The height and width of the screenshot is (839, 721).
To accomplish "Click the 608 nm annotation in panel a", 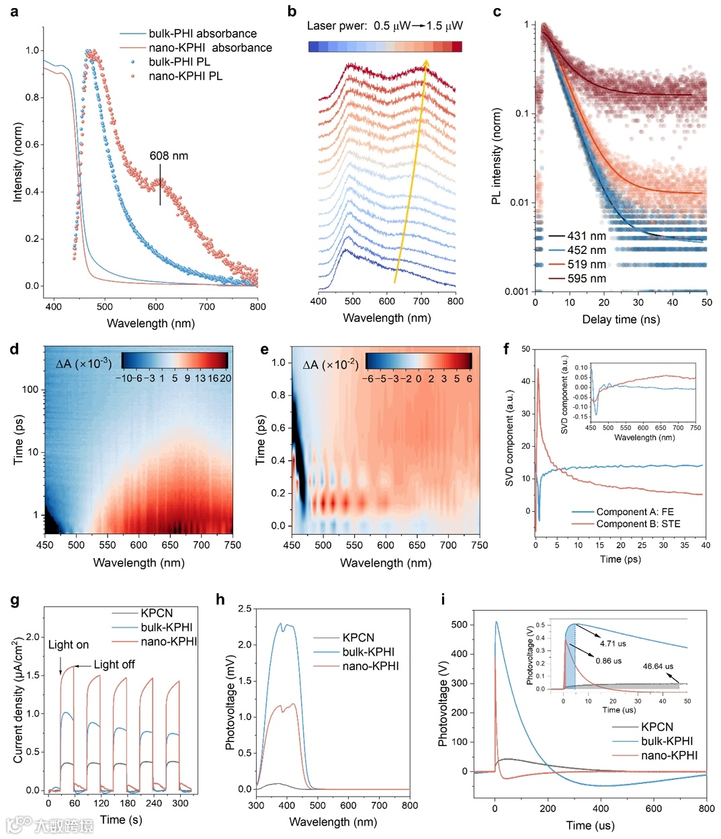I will (169, 156).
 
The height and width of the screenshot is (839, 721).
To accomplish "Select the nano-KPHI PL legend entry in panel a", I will (185, 76).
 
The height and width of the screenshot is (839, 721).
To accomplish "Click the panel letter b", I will (292, 11).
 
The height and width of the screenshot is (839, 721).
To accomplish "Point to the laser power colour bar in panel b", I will (385, 46).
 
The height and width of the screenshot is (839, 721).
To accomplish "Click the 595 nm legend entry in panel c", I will (586, 278).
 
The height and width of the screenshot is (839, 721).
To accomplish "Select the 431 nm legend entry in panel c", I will (586, 236).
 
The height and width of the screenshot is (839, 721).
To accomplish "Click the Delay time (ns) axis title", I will (621, 319).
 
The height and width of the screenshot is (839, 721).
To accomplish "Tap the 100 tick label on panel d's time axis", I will (30, 390).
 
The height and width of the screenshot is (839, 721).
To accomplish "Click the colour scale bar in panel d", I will (175, 360).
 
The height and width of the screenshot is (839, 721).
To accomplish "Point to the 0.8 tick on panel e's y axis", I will (278, 395).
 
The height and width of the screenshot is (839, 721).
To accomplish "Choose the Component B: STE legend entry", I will (638, 524).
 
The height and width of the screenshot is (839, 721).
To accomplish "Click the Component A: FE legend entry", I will (634, 512).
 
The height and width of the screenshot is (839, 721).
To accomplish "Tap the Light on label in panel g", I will (68, 645).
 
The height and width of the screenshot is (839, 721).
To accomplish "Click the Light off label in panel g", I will (114, 664).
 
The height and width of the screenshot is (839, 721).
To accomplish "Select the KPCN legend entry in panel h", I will (358, 637).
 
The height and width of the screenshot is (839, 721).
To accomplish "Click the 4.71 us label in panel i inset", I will (612, 644).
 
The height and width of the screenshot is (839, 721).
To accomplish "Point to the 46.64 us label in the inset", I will (658, 666).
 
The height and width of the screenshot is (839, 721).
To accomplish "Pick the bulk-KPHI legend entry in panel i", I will (667, 741).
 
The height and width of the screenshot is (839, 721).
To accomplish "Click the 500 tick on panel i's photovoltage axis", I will (460, 625).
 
